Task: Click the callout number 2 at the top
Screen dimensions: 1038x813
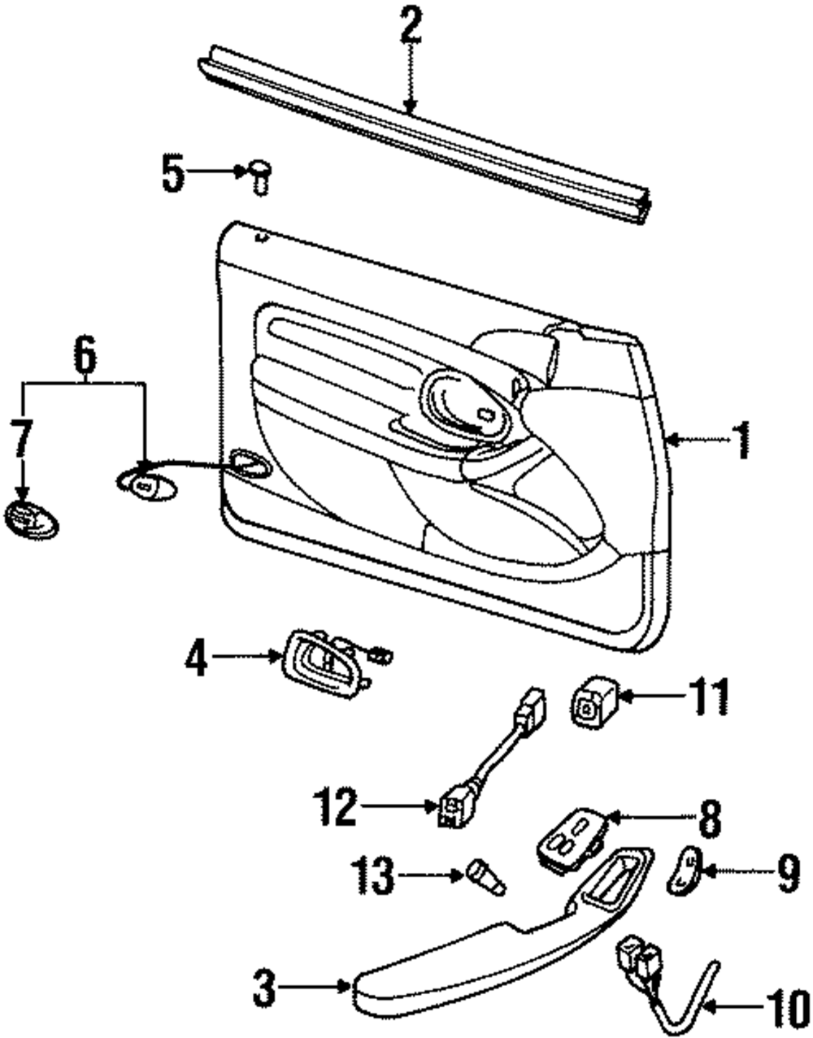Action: pyautogui.click(x=411, y=27)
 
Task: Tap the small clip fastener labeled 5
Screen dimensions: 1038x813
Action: pyautogui.click(x=259, y=176)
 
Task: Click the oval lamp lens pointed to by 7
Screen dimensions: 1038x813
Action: pyautogui.click(x=30, y=519)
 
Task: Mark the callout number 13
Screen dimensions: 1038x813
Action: pyautogui.click(x=374, y=875)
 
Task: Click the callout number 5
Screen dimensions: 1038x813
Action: pyautogui.click(x=172, y=174)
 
